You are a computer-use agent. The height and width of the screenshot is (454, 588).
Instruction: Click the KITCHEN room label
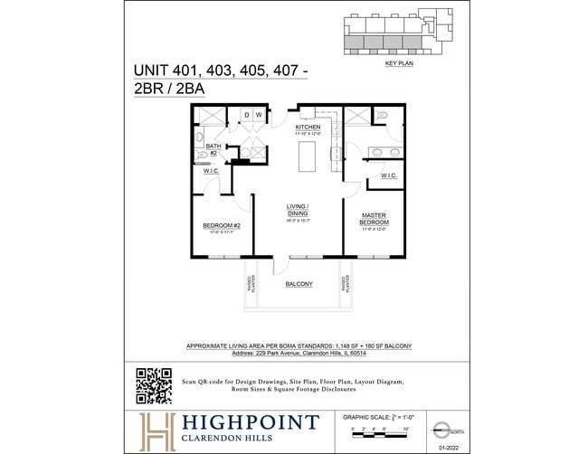(308, 128)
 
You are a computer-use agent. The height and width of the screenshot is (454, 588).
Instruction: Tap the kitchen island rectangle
(308, 150)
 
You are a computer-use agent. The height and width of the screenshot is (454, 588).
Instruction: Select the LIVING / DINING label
(298, 211)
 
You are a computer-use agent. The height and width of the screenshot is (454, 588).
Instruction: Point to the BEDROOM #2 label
(221, 225)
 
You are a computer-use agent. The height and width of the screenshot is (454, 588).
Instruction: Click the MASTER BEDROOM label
(375, 218)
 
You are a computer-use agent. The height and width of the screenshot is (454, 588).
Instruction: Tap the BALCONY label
(299, 284)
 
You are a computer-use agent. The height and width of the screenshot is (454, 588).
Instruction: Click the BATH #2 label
(214, 148)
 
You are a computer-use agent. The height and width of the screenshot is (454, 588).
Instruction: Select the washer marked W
(258, 115)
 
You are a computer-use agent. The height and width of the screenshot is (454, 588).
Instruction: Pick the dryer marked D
(244, 115)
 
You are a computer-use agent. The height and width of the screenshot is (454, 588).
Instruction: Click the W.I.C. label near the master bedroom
(388, 175)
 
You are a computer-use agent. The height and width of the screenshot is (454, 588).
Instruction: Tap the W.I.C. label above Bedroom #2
(212, 170)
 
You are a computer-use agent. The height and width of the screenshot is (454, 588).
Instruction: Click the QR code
(154, 385)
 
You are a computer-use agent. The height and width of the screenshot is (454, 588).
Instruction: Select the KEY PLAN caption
(399, 64)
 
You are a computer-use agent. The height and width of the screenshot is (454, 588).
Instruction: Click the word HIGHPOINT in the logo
(249, 422)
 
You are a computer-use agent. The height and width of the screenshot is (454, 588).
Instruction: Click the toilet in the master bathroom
(381, 116)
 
